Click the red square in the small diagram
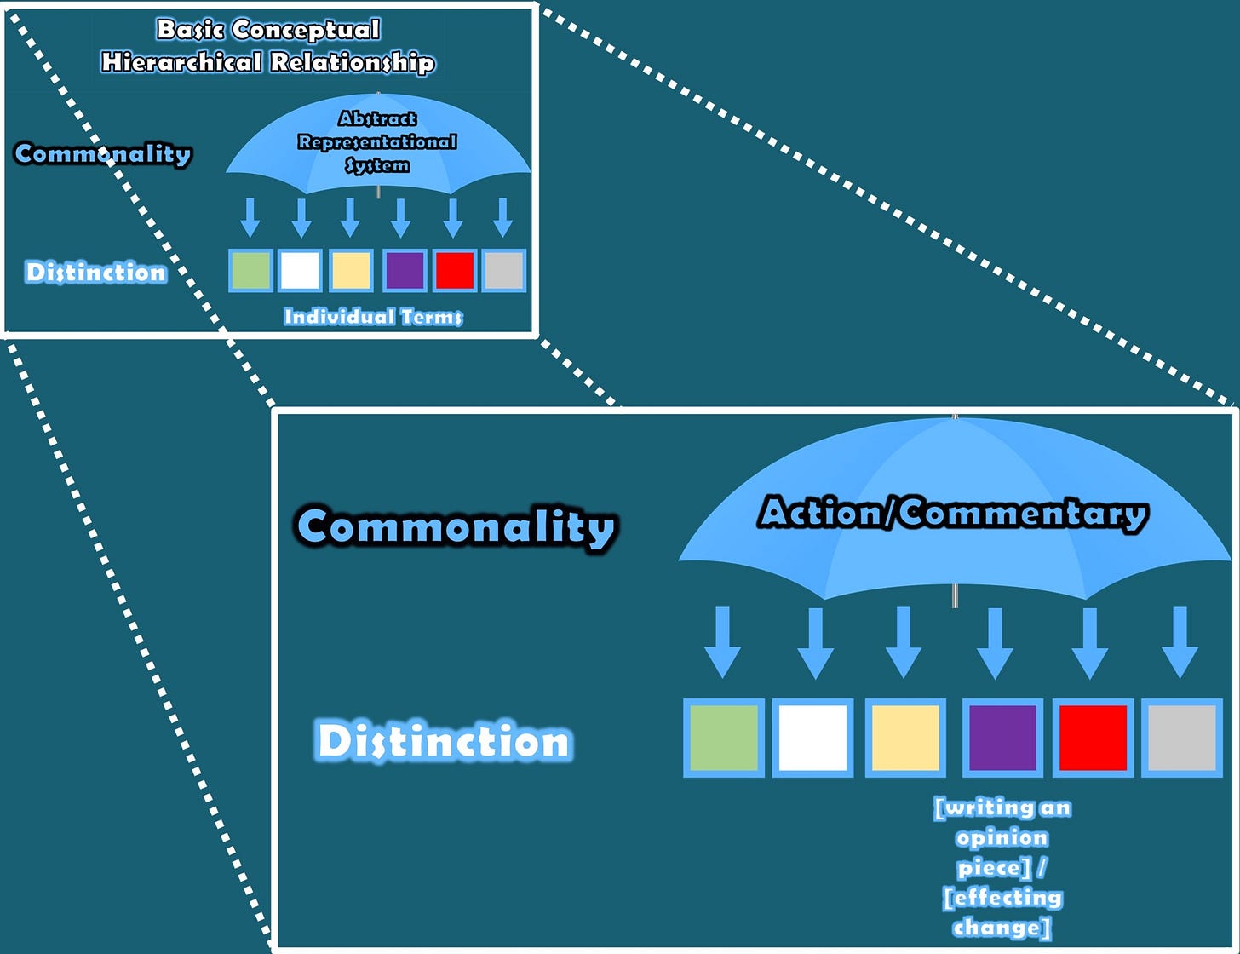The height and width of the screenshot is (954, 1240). pyautogui.click(x=454, y=271)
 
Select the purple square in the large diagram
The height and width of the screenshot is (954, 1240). pyautogui.click(x=1002, y=738)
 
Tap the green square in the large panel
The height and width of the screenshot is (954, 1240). pyautogui.click(x=723, y=738)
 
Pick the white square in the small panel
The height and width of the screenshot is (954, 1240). pyautogui.click(x=300, y=271)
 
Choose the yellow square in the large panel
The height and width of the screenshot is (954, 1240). pyautogui.click(x=904, y=738)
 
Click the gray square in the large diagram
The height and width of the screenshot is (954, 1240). pyautogui.click(x=1181, y=738)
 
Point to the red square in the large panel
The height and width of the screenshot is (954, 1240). pyautogui.click(x=1093, y=738)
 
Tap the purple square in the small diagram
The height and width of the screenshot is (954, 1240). pyautogui.click(x=405, y=271)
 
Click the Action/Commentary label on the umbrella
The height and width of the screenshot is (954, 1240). pyautogui.click(x=953, y=514)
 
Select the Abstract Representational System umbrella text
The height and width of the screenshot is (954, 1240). pyautogui.click(x=377, y=141)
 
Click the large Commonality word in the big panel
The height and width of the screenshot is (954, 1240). pyautogui.click(x=456, y=526)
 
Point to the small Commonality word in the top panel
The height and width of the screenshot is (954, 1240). pyautogui.click(x=103, y=154)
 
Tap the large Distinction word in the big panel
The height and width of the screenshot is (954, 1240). pyautogui.click(x=443, y=741)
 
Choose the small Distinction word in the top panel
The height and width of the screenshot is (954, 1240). pyautogui.click(x=96, y=273)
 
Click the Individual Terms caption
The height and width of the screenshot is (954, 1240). pyautogui.click(x=373, y=317)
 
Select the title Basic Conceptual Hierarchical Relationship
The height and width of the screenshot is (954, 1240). pyautogui.click(x=267, y=46)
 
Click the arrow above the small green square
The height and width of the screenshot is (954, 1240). pyautogui.click(x=250, y=218)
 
